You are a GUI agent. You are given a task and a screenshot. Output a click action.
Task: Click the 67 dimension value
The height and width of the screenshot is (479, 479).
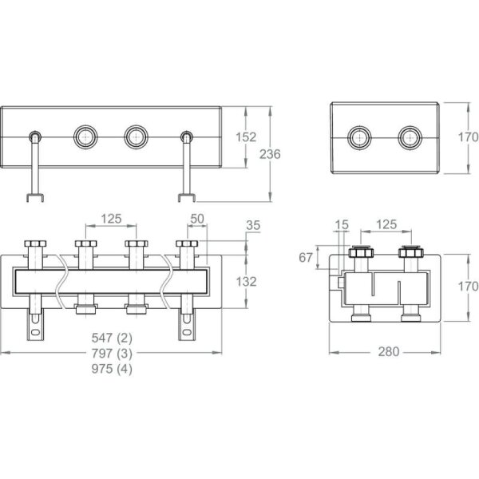pyautogui.click(x=305, y=256)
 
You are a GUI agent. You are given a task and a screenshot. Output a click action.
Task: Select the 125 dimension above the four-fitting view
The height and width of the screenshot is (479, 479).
pyautogui.click(x=112, y=218)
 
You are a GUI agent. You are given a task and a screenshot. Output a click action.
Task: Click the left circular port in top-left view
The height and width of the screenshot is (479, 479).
pyautogui.click(x=85, y=137)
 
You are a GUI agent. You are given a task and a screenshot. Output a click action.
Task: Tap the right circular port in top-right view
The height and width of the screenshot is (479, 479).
pyautogui.click(x=410, y=137)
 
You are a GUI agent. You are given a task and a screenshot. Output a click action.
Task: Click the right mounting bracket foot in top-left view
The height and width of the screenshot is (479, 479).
pyautogui.click(x=188, y=197)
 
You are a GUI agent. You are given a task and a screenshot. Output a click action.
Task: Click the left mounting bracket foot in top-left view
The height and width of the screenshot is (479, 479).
pyautogui.click(x=35, y=197)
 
